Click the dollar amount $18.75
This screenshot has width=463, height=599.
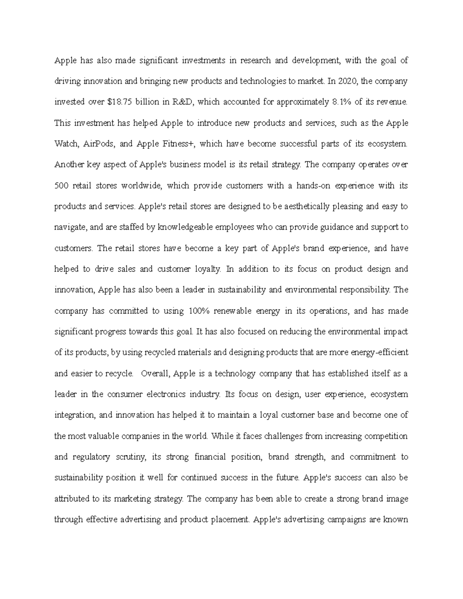coord(118,102)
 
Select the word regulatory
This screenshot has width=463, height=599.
coord(92,457)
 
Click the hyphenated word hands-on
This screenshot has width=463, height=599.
coord(310,186)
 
